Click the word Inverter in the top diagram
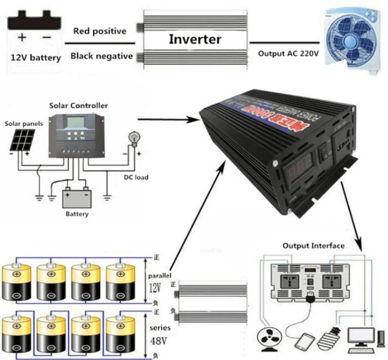click(x=195, y=39)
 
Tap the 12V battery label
click(x=35, y=58)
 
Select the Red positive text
click(x=100, y=31)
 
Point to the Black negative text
click(x=101, y=56)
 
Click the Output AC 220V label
click(x=288, y=54)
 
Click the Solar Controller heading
click(x=78, y=106)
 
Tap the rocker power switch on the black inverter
click(x=324, y=154)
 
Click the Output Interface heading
click(x=313, y=246)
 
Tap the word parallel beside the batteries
click(x=159, y=276)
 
